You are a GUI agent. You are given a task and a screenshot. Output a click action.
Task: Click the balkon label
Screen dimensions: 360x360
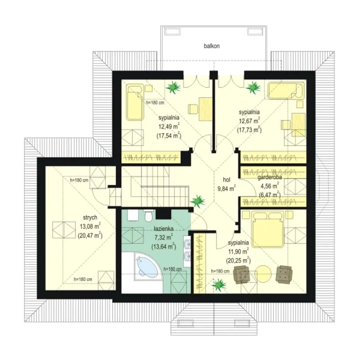[x=212, y=46]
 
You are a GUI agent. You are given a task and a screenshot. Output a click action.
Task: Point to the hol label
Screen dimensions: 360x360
[x=226, y=180]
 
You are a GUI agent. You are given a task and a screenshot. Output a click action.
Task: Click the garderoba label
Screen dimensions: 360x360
[x=269, y=177]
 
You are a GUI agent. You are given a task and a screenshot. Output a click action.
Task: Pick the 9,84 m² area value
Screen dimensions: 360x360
[x=226, y=188]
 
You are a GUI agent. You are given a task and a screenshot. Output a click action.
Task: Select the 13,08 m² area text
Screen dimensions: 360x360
[x=90, y=226]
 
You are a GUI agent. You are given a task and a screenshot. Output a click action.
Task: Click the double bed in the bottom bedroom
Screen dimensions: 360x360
[x=268, y=229]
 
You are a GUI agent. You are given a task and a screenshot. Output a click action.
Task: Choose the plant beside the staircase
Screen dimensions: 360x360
[x=197, y=201]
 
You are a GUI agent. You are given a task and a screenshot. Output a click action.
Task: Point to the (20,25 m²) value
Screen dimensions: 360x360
[x=238, y=260]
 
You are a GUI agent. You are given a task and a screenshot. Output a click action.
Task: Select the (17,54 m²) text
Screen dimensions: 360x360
[x=169, y=136]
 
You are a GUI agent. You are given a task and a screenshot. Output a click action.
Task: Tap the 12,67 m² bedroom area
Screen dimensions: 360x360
[x=249, y=121]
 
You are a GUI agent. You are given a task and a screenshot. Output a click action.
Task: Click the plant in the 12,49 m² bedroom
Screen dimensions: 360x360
[x=173, y=87]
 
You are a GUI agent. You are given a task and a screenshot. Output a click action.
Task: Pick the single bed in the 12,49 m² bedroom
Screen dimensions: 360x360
[x=135, y=102]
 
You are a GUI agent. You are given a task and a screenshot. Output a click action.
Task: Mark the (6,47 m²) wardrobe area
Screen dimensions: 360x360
[x=270, y=195]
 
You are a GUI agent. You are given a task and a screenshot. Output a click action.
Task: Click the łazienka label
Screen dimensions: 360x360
[x=164, y=229]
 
